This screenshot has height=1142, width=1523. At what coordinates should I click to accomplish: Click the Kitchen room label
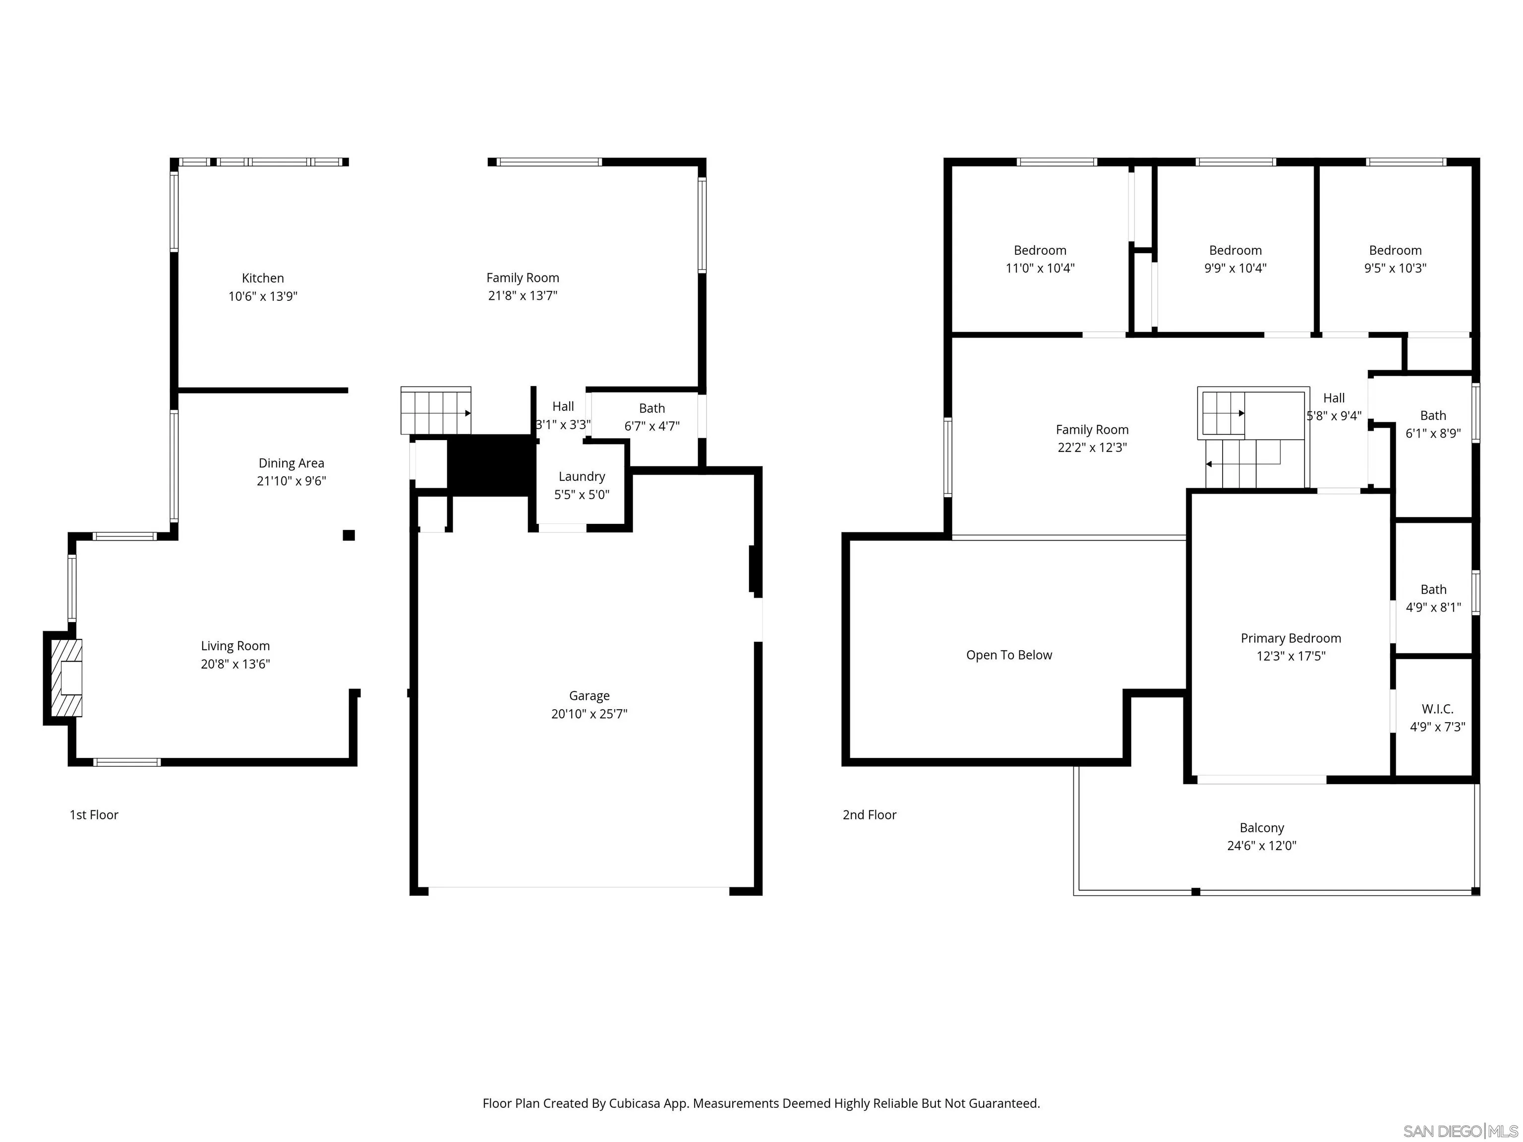tap(262, 278)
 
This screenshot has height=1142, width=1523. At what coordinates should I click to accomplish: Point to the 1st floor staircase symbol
tap(436, 411)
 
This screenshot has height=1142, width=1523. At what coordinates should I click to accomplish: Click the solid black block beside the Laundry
tap(490, 464)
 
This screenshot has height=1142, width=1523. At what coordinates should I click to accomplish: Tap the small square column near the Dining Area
tap(349, 535)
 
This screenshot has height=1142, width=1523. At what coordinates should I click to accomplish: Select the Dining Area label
tap(291, 463)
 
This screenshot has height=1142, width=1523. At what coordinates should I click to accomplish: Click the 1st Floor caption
tap(94, 815)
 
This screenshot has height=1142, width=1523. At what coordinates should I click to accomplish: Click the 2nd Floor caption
tap(869, 815)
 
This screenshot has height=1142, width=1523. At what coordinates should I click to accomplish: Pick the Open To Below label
tap(1009, 655)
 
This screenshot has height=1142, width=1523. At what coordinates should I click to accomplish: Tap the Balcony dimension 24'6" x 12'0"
tap(1261, 846)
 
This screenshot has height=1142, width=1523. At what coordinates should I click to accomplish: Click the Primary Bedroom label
tap(1290, 638)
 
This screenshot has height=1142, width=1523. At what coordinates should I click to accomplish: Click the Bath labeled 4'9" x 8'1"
tap(1433, 590)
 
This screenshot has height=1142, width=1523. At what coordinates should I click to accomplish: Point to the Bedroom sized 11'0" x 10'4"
tap(1040, 251)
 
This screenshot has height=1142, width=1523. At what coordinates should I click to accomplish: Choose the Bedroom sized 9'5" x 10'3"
tap(1395, 251)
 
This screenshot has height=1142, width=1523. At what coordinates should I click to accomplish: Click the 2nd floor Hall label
tap(1334, 398)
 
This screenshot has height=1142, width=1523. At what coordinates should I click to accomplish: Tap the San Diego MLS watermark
tap(1460, 1131)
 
